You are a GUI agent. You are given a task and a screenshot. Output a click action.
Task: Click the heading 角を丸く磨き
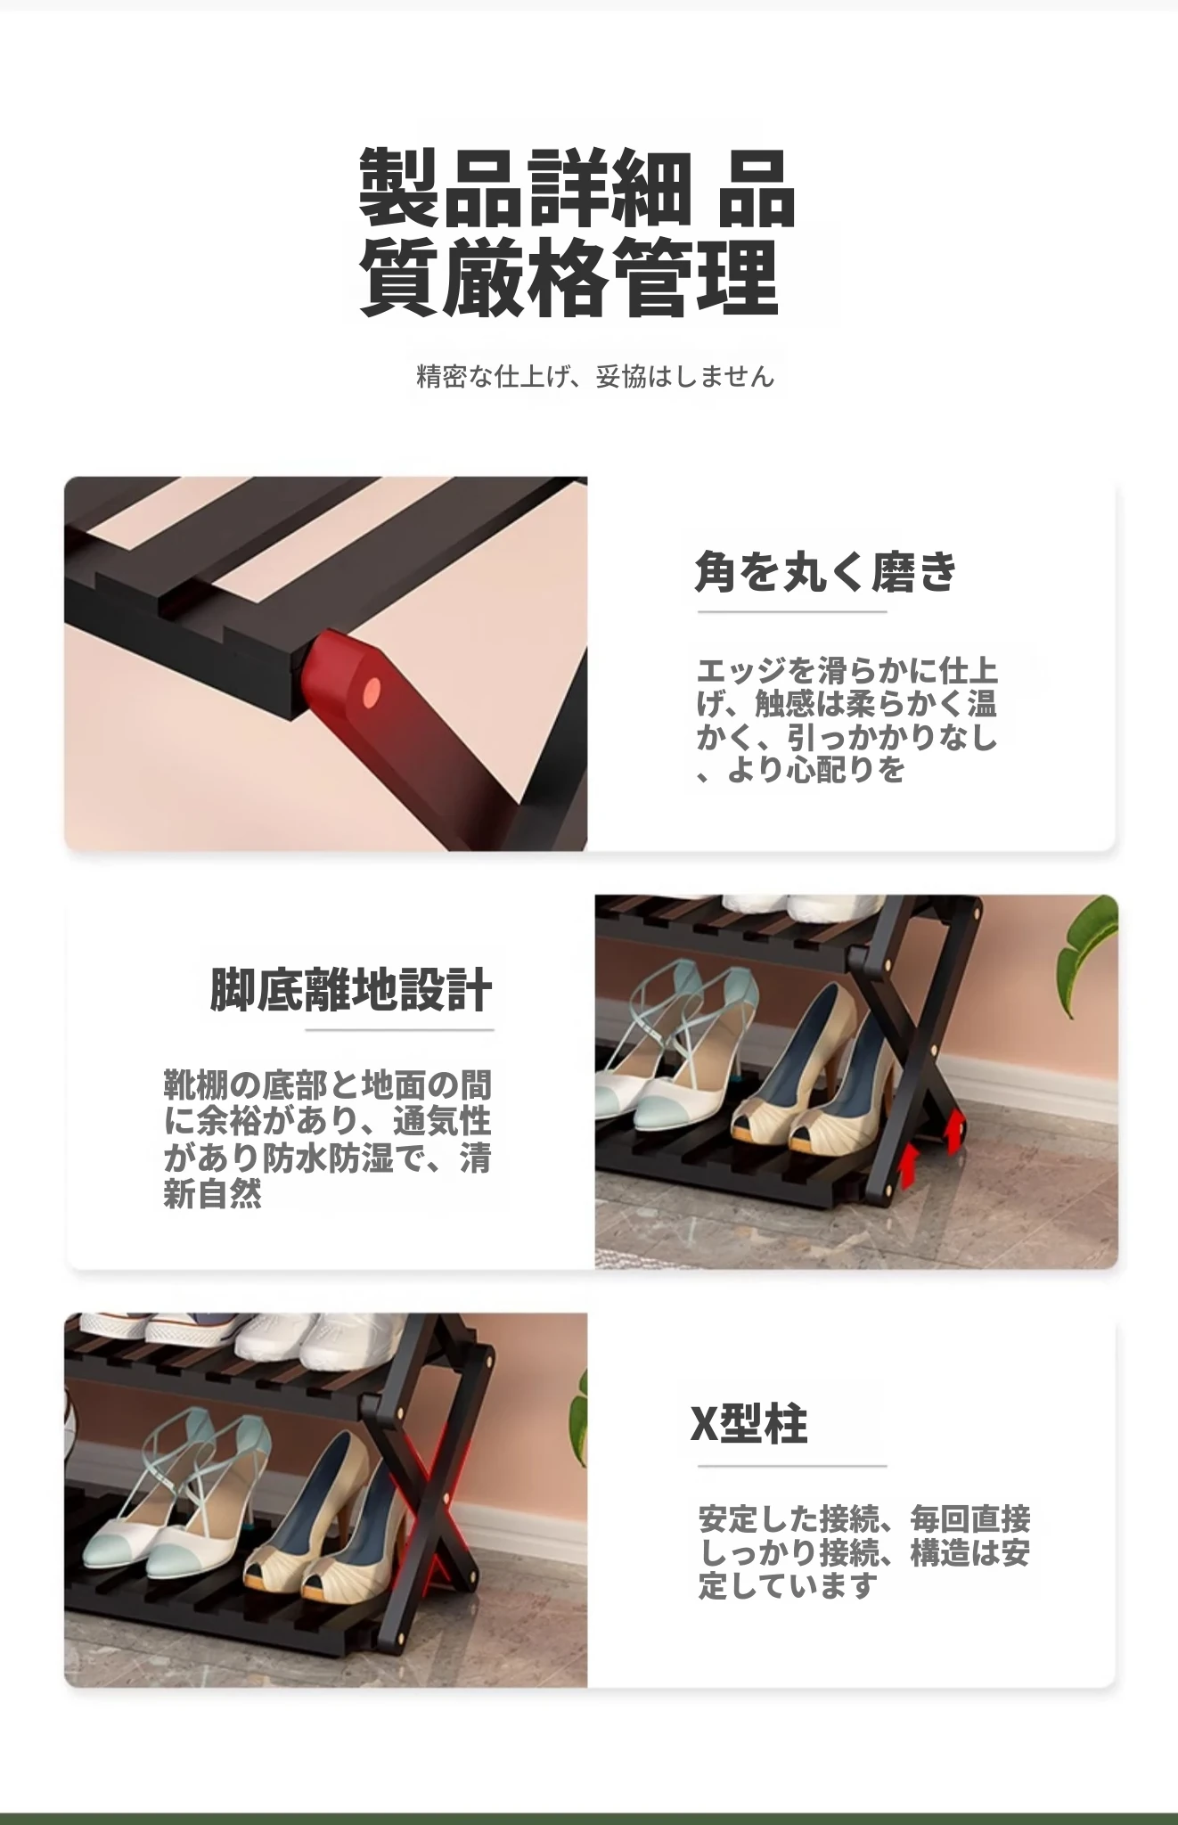825,571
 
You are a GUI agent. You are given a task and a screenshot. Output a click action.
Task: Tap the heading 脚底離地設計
351,990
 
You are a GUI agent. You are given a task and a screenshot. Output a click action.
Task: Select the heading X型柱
749,1424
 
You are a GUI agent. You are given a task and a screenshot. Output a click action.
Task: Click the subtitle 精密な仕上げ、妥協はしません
595,377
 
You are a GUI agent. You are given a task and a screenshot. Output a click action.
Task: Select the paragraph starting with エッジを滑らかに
847,720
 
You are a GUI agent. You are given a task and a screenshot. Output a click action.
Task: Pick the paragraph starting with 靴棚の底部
327,1139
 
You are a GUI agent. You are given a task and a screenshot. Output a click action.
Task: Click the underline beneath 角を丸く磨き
791,612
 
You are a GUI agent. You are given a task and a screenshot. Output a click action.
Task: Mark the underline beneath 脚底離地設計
399,1030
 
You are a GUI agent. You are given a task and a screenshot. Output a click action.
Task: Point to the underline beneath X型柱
791,1465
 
